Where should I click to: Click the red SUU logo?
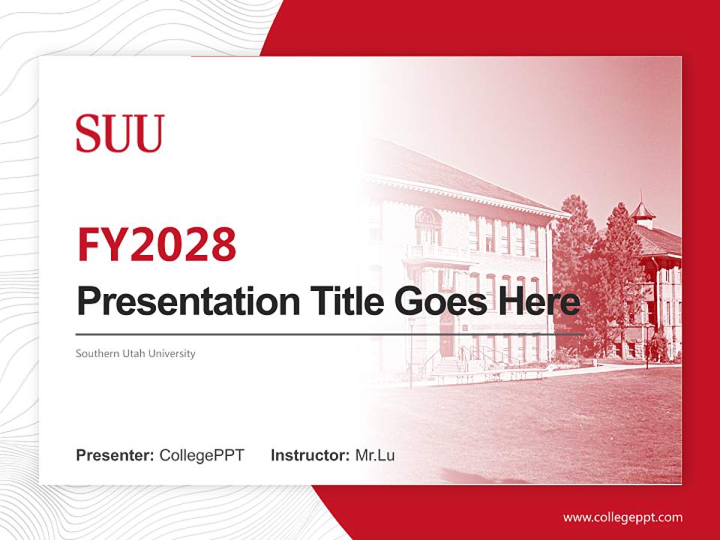pyautogui.click(x=120, y=133)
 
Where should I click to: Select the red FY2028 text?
pyautogui.click(x=157, y=244)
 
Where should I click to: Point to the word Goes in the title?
pyautogui.click(x=443, y=301)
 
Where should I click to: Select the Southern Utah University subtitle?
pyautogui.click(x=135, y=353)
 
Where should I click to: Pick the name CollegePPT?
pyautogui.click(x=202, y=455)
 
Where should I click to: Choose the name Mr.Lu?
pyautogui.click(x=375, y=455)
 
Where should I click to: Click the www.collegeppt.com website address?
pyautogui.click(x=622, y=517)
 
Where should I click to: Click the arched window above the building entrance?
pyautogui.click(x=427, y=218)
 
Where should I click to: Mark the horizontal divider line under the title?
pyautogui.click(x=330, y=334)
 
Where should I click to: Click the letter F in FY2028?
pyautogui.click(x=88, y=244)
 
